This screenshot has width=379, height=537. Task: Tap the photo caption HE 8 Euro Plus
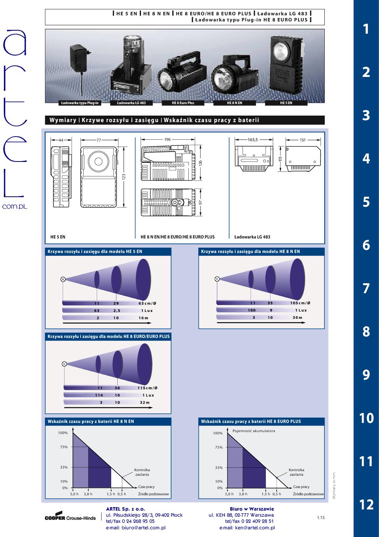coord(183,103)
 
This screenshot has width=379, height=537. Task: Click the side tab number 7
coord(366,288)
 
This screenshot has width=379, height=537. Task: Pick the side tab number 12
coord(366,505)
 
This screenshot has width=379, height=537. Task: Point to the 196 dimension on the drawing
coord(167,140)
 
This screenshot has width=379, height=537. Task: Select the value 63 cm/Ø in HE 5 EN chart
coord(147,303)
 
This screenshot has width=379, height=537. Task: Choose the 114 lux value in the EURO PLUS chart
coord(99,395)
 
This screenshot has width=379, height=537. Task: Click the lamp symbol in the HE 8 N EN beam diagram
coord(217,279)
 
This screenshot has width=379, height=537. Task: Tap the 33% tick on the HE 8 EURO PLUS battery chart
coord(219,467)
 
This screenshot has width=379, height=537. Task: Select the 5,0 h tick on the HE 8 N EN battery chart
coord(74,494)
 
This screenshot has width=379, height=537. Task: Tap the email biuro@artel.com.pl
coord(136,528)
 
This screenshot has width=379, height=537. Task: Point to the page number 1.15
coord(321,518)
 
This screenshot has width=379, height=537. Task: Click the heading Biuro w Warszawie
coord(252,509)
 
